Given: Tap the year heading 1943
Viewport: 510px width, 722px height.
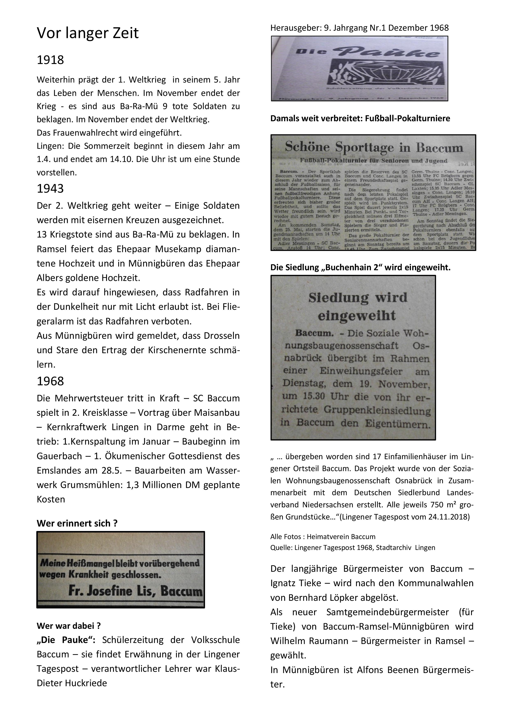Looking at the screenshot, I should [x=50, y=189].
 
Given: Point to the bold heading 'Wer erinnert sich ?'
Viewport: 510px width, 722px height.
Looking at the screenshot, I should [x=77, y=523].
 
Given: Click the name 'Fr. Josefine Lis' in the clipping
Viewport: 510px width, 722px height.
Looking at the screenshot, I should [x=112, y=592].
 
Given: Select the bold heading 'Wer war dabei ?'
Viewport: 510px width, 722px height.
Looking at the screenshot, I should [x=69, y=626].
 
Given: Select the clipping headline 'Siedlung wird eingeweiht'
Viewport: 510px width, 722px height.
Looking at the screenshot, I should [x=357, y=306].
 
